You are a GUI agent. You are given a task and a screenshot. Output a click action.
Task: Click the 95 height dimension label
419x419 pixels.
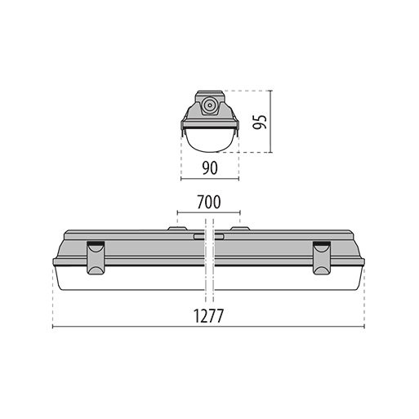[x=260, y=122]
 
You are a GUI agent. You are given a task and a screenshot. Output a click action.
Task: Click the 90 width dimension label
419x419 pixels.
[x=210, y=168]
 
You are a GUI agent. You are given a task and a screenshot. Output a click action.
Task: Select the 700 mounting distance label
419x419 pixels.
[x=209, y=202]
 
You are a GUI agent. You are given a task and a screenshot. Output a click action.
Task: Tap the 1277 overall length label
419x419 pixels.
[x=208, y=316]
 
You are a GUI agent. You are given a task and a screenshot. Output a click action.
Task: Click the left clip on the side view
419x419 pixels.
[x=96, y=257]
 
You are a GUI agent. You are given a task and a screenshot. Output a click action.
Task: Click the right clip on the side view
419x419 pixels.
[x=322, y=257]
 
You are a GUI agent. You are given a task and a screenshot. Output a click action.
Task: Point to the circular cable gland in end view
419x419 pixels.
[x=210, y=105]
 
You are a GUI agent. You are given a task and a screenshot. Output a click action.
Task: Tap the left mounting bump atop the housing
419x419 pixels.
[x=177, y=229]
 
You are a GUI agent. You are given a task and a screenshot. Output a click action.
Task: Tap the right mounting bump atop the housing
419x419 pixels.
[x=240, y=229]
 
